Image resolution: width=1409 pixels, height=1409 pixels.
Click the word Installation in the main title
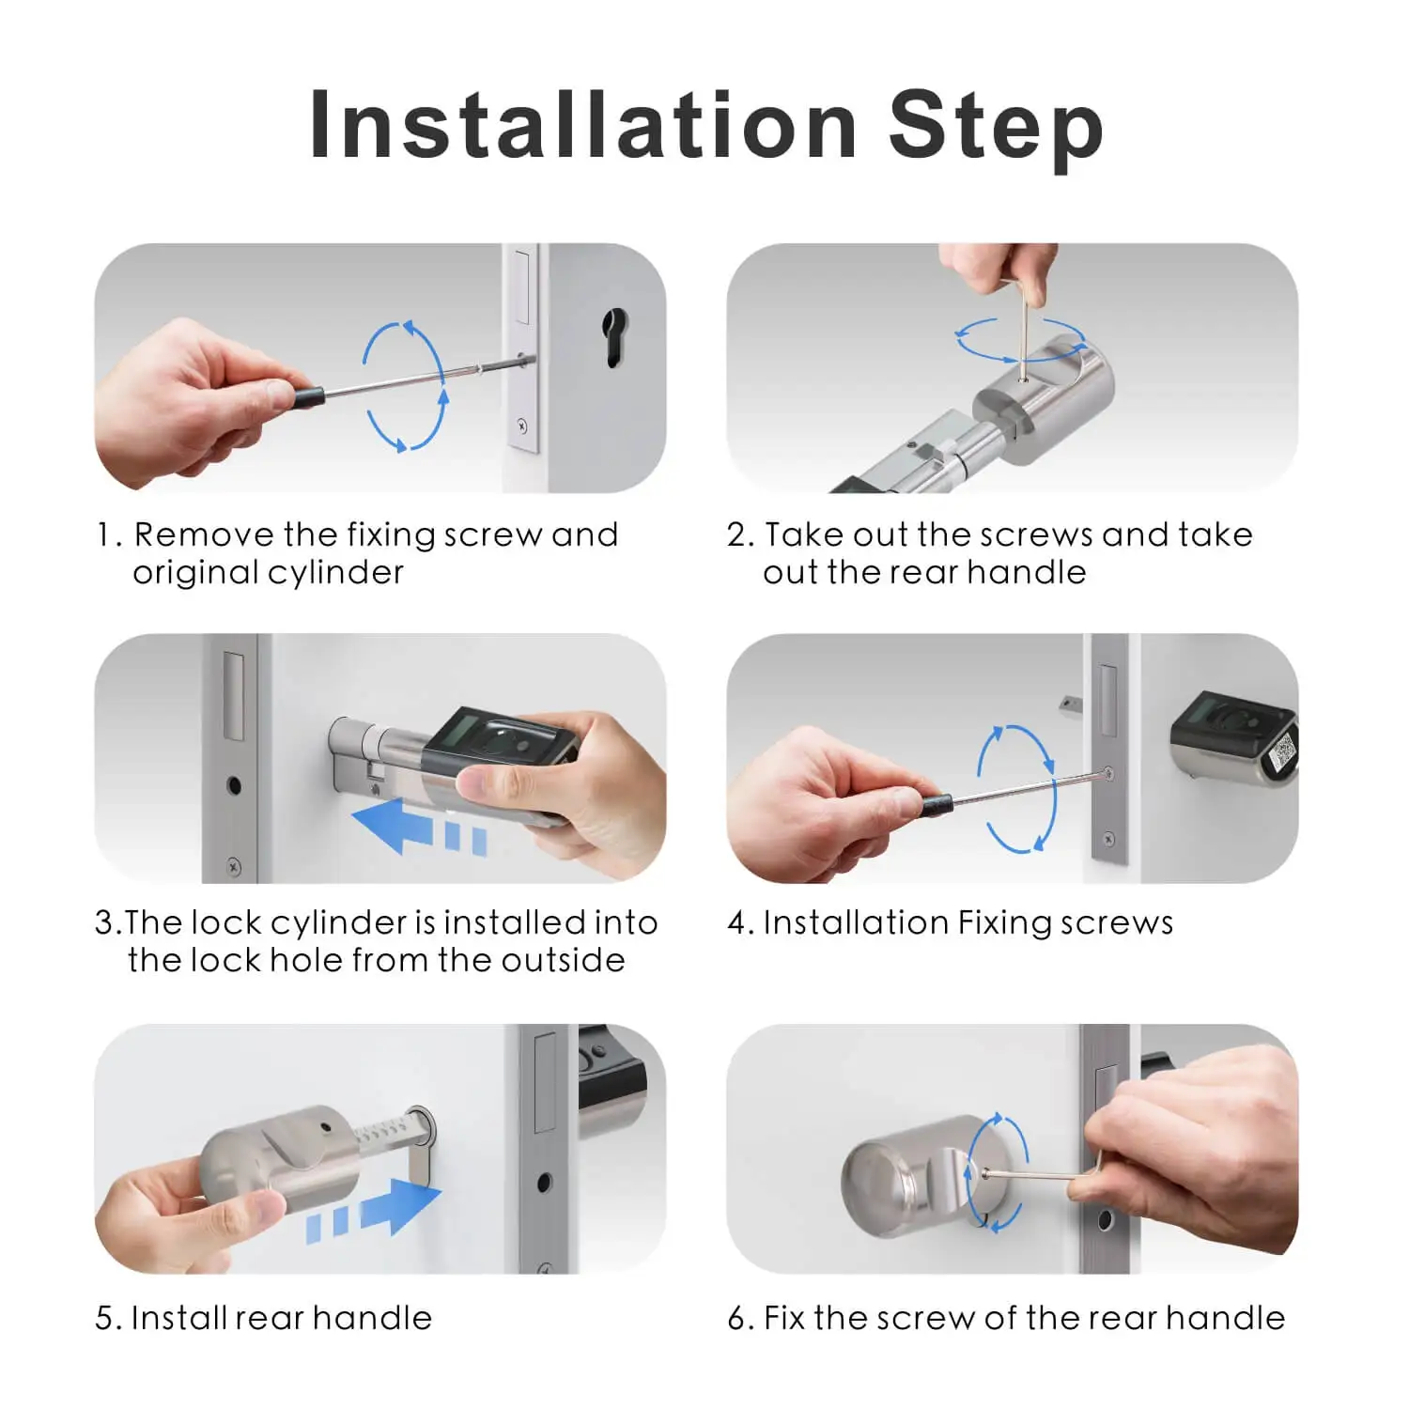tap(582, 125)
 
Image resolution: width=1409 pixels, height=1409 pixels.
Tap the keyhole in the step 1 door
tap(613, 337)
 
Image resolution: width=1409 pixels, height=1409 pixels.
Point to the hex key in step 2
tap(1020, 319)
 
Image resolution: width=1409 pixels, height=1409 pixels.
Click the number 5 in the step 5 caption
tap(104, 1318)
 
